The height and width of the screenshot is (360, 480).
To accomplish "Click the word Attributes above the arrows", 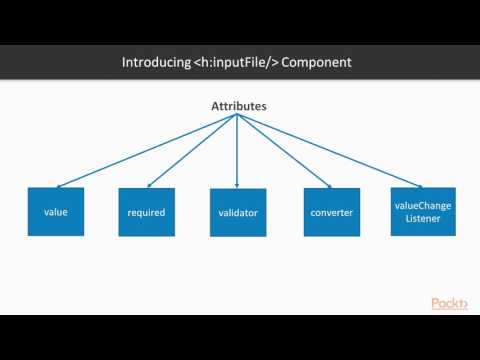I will (237, 105).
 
